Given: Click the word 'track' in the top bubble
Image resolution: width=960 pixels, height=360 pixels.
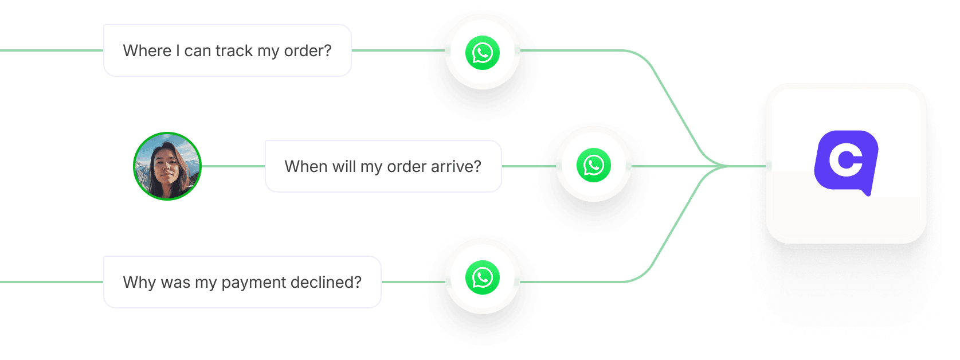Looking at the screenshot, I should point(234,51).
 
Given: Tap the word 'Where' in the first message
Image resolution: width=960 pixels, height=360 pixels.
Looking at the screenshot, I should point(147,51).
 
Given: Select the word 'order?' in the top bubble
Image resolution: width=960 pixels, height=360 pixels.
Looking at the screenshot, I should point(308,51).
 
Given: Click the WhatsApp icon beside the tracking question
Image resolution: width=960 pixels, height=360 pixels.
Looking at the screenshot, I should point(483,52).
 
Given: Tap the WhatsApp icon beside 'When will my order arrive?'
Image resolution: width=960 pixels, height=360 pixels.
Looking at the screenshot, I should point(593,165).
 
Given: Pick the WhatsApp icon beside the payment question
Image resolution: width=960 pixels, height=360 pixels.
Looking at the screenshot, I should point(483,277).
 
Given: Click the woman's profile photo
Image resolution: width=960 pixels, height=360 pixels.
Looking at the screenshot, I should point(167,166).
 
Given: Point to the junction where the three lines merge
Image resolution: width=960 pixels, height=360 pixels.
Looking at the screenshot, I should point(723,166).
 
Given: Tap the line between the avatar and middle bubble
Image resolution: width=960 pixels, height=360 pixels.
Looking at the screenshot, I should point(233,166).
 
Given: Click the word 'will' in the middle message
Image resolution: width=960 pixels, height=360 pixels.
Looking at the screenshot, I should point(344,167).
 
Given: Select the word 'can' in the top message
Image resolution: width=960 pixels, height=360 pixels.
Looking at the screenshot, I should point(198,51).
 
